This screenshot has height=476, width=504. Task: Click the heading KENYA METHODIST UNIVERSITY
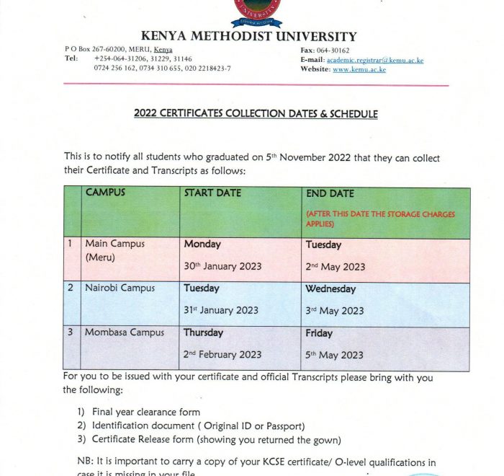tap(249, 36)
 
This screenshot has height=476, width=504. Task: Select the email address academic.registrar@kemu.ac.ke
tap(375, 60)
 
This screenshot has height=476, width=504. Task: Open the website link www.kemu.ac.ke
tap(359, 70)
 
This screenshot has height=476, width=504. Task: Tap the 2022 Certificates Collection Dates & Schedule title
tap(256, 114)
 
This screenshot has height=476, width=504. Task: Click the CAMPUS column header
tap(105, 193)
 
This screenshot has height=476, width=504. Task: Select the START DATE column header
tap(212, 193)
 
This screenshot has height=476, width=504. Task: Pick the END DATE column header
tap(330, 193)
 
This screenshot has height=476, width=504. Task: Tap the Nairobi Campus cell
tap(120, 288)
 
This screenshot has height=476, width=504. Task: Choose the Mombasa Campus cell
tap(125, 332)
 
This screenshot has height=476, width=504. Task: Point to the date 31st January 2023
tap(221, 311)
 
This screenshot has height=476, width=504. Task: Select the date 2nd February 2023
tap(224, 355)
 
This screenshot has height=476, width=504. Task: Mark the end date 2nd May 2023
tap(335, 267)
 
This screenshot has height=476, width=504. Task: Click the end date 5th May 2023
tap(335, 355)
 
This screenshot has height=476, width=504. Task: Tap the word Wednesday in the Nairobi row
tap(330, 289)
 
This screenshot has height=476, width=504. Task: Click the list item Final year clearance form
tap(146, 413)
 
